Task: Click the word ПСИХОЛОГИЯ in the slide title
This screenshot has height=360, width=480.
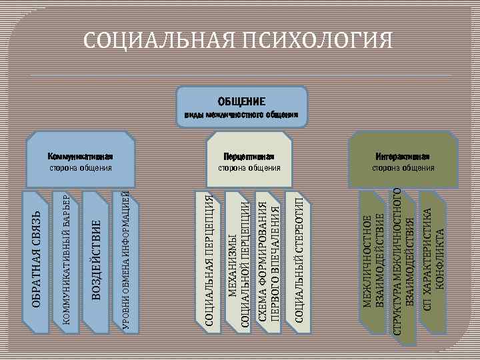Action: (317, 41)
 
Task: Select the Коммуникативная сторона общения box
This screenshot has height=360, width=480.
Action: (79, 161)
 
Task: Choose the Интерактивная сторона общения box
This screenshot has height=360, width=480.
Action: (403, 161)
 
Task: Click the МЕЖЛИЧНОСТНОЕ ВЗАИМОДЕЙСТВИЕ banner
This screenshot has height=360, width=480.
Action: (373, 260)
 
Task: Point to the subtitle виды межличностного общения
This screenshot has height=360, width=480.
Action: (241, 115)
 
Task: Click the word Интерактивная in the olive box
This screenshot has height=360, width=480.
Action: (403, 156)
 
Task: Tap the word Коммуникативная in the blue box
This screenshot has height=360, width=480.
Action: (81, 156)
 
